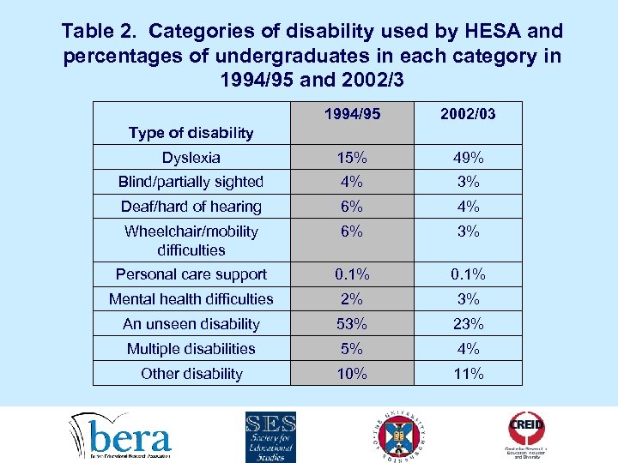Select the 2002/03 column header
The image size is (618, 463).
pos(467,114)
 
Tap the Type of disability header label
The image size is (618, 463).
pos(191,132)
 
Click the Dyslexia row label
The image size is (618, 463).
pos(191,158)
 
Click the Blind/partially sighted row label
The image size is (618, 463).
pos(191,182)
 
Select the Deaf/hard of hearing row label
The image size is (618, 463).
pos(191,207)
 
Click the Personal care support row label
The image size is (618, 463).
pos(191,274)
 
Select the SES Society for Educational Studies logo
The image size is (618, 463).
pos(270,436)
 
